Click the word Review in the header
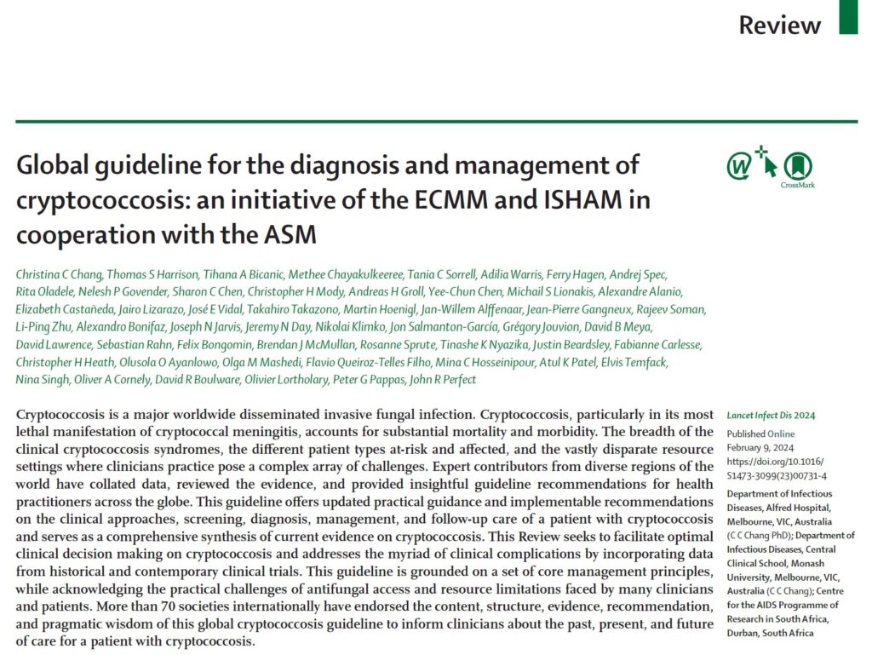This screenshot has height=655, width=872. pyautogui.click(x=779, y=26)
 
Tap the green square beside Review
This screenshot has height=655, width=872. pyautogui.click(x=848, y=19)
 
